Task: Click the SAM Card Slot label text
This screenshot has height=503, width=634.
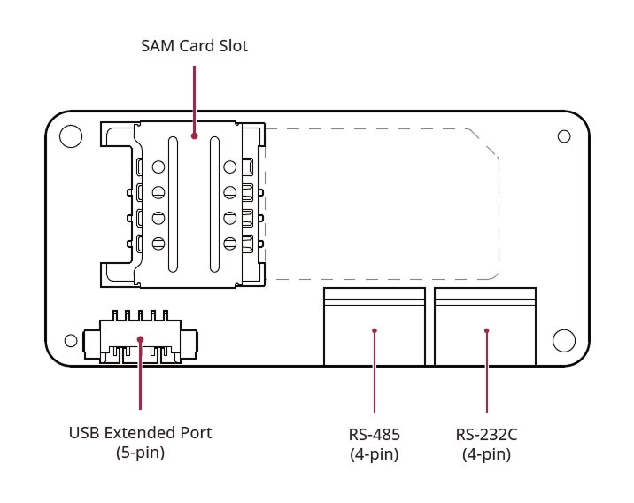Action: tap(194, 46)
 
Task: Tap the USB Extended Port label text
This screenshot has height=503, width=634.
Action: tap(140, 433)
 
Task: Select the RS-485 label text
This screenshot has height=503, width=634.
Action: tap(374, 435)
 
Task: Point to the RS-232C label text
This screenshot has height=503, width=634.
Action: tap(486, 435)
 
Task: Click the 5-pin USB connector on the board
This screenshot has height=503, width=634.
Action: tap(140, 340)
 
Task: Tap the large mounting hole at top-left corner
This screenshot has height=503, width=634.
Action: tap(71, 136)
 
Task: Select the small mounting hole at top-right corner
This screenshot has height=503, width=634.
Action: tap(564, 136)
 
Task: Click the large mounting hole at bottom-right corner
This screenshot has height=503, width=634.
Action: tap(564, 340)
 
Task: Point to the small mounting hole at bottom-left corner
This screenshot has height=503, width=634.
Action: tap(71, 341)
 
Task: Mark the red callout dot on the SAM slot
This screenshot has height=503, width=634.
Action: tap(194, 136)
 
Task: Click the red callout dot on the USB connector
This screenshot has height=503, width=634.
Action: tap(140, 339)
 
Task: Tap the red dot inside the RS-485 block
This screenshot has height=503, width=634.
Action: tap(375, 330)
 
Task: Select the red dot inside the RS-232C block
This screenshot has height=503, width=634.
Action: tap(486, 330)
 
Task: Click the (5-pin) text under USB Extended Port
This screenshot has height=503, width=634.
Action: tap(140, 453)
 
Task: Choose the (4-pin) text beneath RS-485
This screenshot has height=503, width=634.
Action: tap(374, 454)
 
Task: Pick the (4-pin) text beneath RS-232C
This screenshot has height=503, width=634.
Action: tap(486, 454)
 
